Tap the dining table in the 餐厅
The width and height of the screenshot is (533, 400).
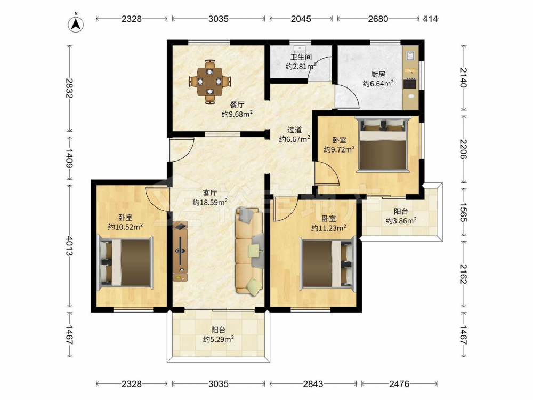(x=210, y=82)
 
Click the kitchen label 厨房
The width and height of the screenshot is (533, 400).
(x=378, y=74)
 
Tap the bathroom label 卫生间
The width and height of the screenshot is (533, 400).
(x=301, y=57)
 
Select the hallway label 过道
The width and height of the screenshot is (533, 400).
(x=294, y=130)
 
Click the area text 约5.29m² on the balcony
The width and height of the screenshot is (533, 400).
(x=218, y=339)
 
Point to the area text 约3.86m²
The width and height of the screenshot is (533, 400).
(x=401, y=221)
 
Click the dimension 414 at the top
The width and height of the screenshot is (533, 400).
(x=430, y=19)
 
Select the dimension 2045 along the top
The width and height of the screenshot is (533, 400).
(x=301, y=19)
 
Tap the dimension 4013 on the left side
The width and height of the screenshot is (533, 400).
(x=70, y=246)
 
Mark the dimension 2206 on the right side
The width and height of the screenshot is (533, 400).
(x=463, y=149)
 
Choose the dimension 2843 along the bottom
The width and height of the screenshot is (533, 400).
(x=313, y=384)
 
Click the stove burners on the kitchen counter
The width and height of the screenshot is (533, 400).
(x=409, y=84)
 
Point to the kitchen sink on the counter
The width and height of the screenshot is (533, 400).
(x=410, y=55)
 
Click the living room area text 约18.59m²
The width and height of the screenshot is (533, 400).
(x=209, y=202)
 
